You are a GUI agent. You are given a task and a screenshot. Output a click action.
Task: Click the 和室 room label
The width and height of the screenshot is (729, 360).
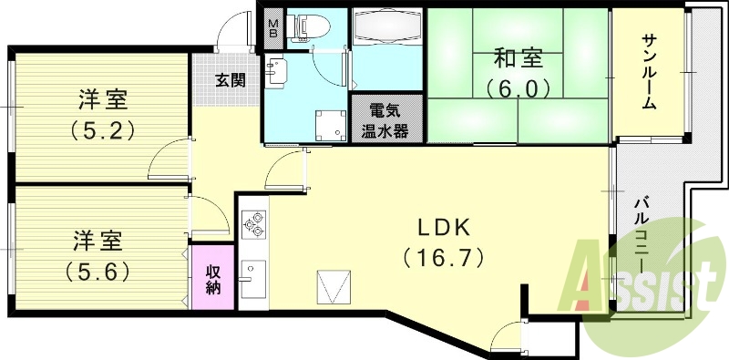point(519,59)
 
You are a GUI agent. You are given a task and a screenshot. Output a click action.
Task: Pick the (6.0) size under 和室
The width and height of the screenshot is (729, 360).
point(519,88)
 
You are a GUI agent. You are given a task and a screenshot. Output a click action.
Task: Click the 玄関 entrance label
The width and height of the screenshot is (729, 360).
point(230,80)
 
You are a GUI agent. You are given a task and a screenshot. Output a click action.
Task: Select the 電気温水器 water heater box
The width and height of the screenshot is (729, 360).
point(387,118)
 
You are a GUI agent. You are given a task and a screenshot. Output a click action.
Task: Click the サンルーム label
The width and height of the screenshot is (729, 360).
point(649,70)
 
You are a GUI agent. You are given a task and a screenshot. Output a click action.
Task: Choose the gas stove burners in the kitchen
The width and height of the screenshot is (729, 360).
point(252,224)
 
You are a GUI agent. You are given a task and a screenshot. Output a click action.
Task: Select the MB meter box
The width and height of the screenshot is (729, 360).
point(272,26)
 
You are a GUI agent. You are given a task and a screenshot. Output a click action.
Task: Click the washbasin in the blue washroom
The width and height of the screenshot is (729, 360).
point(276,70)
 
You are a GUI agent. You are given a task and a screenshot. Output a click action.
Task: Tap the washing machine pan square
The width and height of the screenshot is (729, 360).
point(327,126)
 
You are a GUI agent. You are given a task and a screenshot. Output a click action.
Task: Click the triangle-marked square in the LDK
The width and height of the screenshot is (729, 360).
point(332,288)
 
